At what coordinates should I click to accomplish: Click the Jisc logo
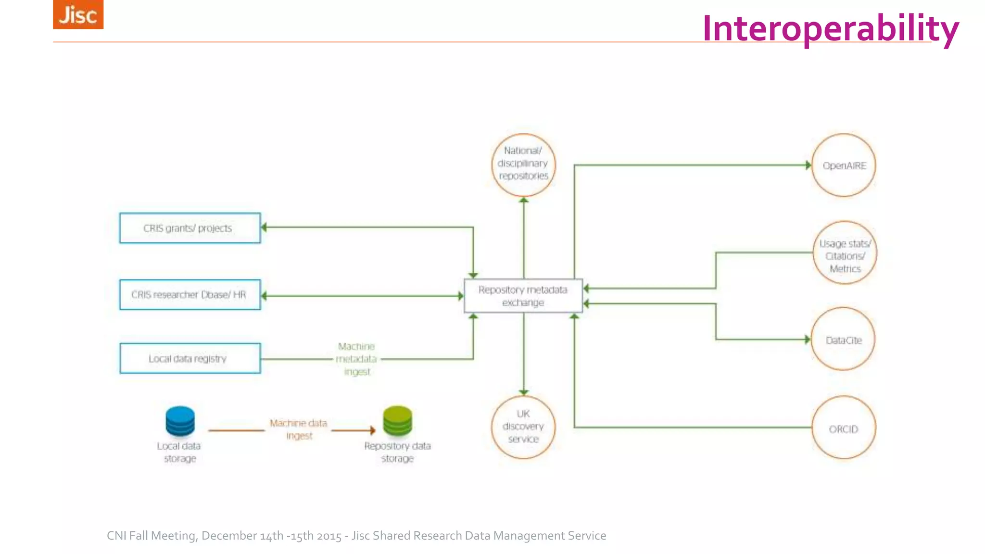78,14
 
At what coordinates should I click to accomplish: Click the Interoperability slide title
830,29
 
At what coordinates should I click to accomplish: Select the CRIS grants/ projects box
190,228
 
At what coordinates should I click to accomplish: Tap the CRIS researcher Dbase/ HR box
190,295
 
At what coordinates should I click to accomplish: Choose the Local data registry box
190,358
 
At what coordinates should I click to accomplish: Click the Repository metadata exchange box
523,296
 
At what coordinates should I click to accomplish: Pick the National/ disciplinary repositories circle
523,164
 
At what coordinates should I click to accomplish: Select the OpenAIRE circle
844,165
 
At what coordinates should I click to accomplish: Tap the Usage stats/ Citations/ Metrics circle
845,253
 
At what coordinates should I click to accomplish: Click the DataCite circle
843,340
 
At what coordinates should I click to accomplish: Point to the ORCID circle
843,428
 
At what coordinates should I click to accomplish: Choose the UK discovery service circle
523,427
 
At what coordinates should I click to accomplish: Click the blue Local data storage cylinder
180,421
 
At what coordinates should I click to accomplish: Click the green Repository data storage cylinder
397,421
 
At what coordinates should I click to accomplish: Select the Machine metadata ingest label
356,359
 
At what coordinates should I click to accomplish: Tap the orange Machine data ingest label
299,429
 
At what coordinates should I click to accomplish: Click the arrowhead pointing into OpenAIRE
808,165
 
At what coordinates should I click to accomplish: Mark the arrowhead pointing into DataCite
808,340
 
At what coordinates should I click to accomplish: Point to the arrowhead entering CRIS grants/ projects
265,227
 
